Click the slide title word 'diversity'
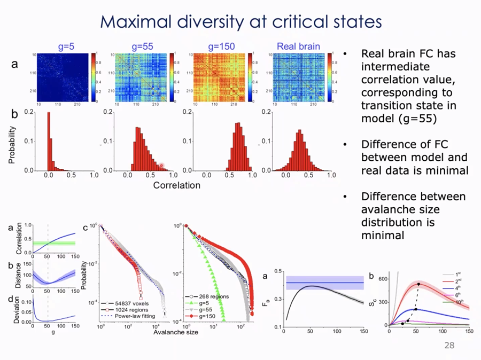pyautogui.click(x=209, y=22)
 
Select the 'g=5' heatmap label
pyautogui.click(x=66, y=46)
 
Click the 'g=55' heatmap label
pyautogui.click(x=142, y=46)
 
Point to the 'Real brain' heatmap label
pyautogui.click(x=298, y=46)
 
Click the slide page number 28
pyautogui.click(x=449, y=346)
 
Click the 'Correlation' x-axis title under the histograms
pyautogui.click(x=176, y=186)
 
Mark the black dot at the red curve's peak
pyautogui.click(x=419, y=284)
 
